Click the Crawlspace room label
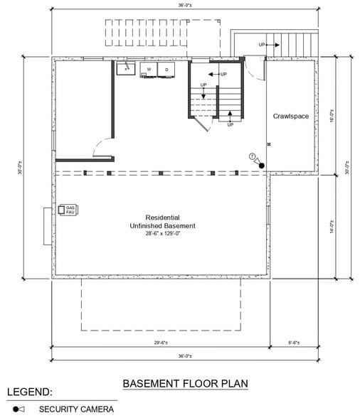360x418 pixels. click(291, 116)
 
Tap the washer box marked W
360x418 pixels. click(149, 70)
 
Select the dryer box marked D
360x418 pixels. click(166, 70)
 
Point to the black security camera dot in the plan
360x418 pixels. click(262, 166)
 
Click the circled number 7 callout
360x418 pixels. click(251, 156)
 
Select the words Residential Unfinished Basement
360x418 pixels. click(162, 221)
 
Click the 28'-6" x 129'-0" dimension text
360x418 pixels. click(162, 233)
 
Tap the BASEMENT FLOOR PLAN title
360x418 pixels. click(185, 383)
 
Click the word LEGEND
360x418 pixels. click(29, 392)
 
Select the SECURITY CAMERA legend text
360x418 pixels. click(76, 409)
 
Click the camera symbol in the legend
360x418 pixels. click(18, 409)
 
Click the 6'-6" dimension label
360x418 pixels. click(293, 343)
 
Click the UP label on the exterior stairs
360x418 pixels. click(263, 45)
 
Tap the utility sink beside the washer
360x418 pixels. click(127, 69)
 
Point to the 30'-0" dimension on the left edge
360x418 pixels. click(22, 168)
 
